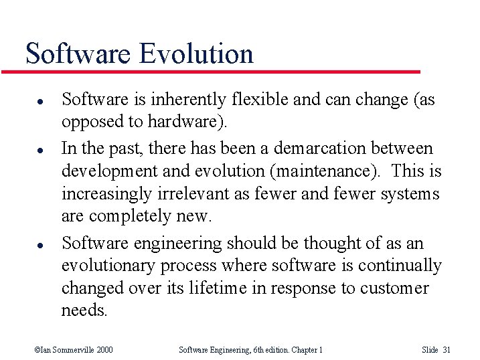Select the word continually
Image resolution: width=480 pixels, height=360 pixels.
pos(400,266)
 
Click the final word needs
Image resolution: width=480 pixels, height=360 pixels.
pos(84,311)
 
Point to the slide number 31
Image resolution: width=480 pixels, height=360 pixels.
pos(447,349)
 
